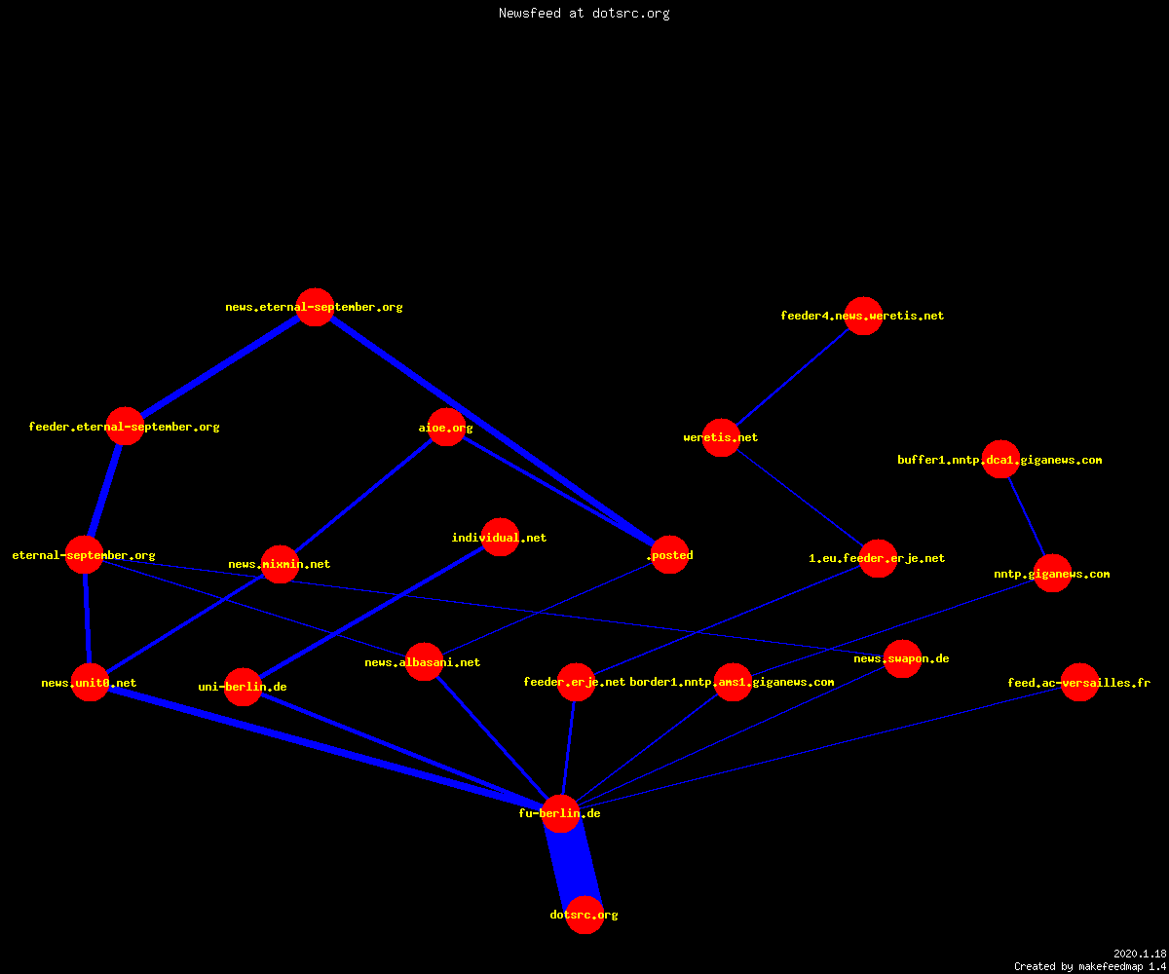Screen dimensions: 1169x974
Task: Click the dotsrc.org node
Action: [584, 915]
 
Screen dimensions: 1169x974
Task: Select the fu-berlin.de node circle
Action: [560, 813]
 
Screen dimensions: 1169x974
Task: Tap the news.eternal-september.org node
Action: [316, 308]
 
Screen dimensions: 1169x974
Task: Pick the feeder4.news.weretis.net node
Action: [863, 316]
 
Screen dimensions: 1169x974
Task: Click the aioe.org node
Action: [446, 428]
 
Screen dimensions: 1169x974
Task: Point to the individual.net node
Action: [500, 538]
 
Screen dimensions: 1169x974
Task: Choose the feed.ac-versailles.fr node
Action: [1079, 683]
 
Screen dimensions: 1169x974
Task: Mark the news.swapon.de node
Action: [902, 658]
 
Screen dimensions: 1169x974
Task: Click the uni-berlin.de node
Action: [243, 687]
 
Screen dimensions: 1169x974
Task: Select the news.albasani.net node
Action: [424, 662]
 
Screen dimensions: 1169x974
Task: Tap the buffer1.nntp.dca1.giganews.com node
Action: [1000, 460]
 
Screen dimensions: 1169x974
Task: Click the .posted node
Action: [669, 555]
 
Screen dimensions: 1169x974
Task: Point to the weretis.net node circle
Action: [721, 437]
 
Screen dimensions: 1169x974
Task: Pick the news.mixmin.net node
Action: [280, 564]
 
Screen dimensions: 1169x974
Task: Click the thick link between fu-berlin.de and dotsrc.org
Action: [573, 864]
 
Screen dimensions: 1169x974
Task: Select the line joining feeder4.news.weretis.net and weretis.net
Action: [792, 377]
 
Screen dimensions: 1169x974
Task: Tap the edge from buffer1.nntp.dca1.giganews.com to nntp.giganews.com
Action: [1026, 516]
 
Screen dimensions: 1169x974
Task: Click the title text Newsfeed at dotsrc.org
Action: [584, 14]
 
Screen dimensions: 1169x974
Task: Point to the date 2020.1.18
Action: [1140, 954]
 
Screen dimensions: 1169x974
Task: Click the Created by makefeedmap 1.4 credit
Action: [1090, 967]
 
